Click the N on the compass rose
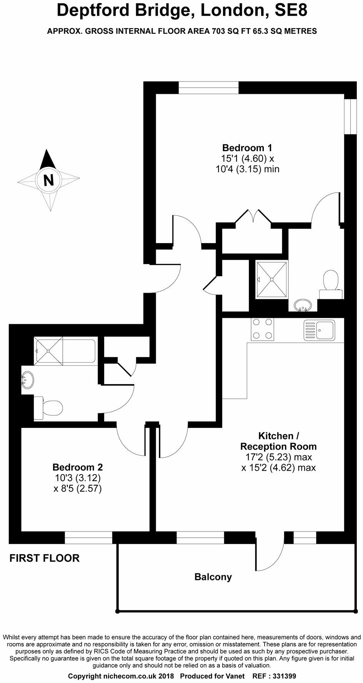[48, 180]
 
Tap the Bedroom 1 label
[247, 148]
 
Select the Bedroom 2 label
[78, 467]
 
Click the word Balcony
[213, 577]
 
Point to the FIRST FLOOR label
[44, 558]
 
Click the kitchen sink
[320, 330]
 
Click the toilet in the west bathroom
[48, 408]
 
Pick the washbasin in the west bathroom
[28, 380]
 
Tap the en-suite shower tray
[272, 279]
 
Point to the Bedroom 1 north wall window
[209, 87]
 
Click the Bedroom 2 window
[88, 537]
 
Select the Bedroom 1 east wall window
[350, 116]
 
